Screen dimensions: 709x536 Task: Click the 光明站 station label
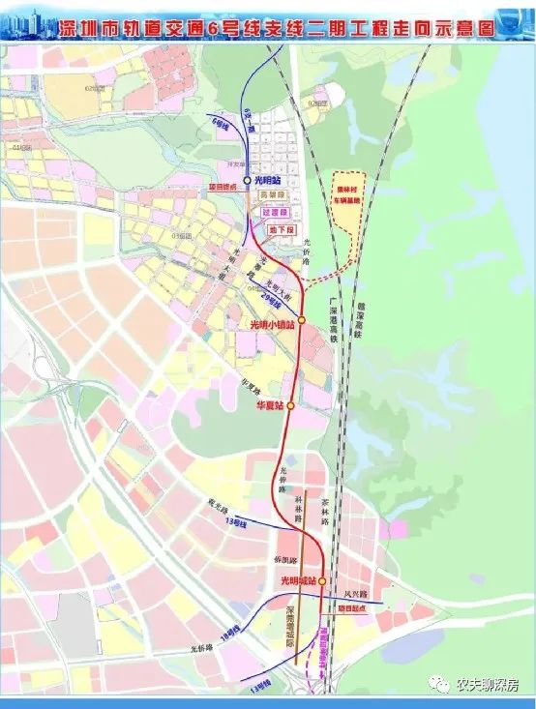pyautogui.click(x=269, y=180)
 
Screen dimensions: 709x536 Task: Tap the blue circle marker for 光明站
pyautogui.click(x=248, y=180)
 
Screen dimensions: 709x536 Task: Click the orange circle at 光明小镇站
pyautogui.click(x=302, y=320)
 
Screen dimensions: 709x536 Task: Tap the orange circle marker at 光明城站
pyautogui.click(x=321, y=581)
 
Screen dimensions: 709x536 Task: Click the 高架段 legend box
pyautogui.click(x=275, y=194)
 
